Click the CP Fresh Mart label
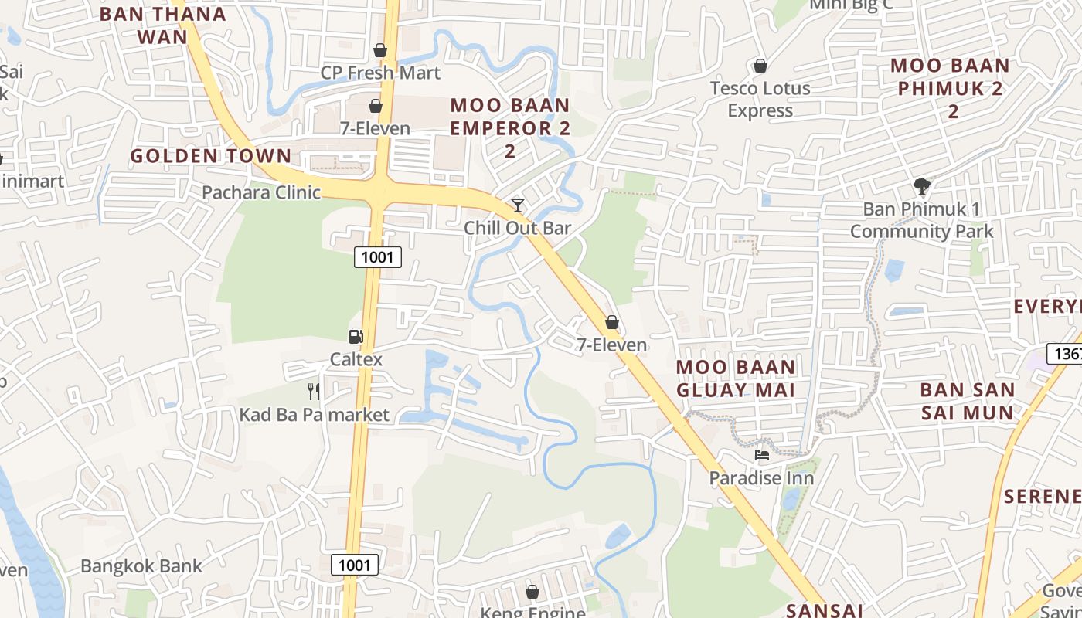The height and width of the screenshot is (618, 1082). (x=380, y=73)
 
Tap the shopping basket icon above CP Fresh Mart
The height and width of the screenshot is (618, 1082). (x=380, y=50)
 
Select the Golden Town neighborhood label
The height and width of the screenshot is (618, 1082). (x=211, y=156)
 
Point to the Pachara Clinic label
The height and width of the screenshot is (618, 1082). (x=261, y=192)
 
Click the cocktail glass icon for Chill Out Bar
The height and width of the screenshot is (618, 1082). (x=518, y=205)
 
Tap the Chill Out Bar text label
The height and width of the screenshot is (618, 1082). (x=518, y=228)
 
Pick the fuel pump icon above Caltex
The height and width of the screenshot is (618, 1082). (x=356, y=337)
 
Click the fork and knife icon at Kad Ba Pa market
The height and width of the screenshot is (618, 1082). (x=314, y=392)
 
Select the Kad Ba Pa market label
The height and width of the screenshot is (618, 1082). (x=314, y=415)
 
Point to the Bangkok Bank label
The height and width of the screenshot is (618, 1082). (x=141, y=565)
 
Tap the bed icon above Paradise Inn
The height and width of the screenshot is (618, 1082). (x=762, y=456)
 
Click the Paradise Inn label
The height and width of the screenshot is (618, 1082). (x=762, y=478)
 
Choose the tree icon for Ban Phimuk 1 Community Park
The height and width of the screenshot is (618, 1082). (x=921, y=185)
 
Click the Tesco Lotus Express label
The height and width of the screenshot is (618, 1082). (x=760, y=99)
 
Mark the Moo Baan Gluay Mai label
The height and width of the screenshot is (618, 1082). (x=736, y=379)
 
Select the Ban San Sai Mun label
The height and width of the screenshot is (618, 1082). (x=967, y=402)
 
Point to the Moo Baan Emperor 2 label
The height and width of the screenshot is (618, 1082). (x=510, y=127)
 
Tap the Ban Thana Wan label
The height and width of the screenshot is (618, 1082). (x=163, y=25)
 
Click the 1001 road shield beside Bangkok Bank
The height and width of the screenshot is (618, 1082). (x=355, y=565)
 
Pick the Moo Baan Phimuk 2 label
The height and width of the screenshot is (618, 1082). (x=951, y=88)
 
